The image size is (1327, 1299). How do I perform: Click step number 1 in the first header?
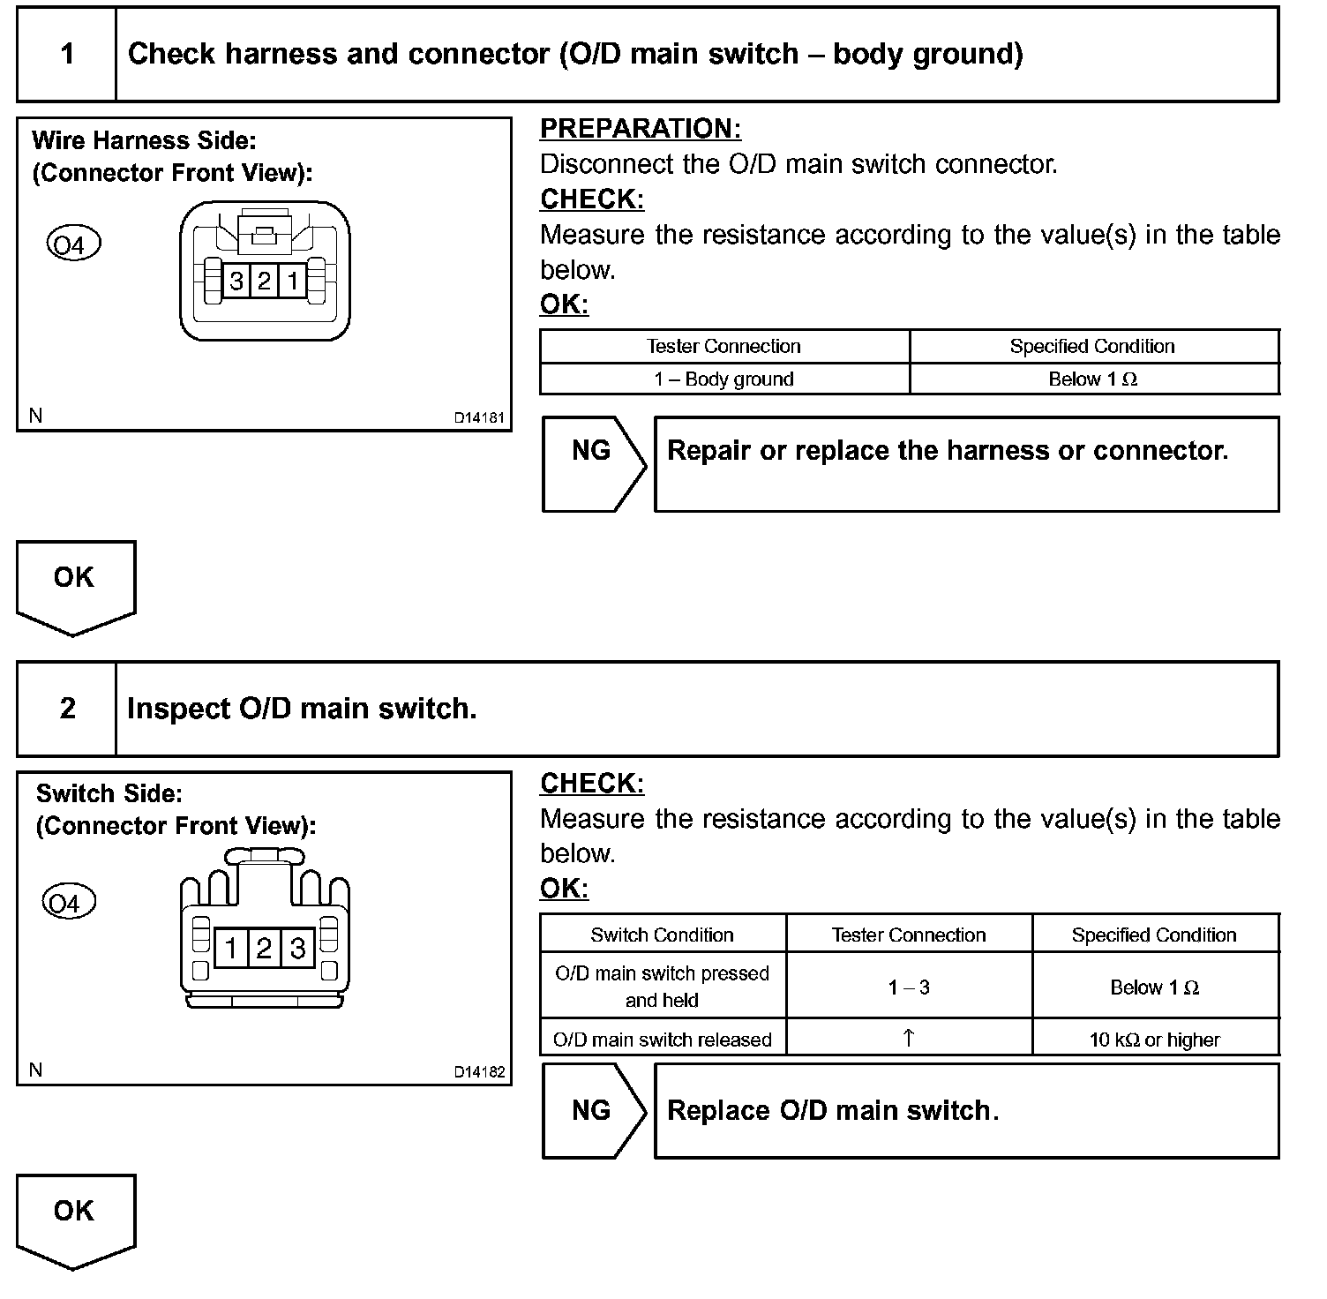(x=67, y=55)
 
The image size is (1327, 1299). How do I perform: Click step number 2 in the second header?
(x=67, y=709)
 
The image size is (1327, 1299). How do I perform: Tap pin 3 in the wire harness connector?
(x=236, y=282)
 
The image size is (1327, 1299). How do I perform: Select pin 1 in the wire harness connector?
(x=292, y=282)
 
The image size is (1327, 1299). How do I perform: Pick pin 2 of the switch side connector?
(x=264, y=949)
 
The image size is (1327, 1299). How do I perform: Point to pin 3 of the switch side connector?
(x=297, y=949)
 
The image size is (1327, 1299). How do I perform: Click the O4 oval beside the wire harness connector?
(x=73, y=244)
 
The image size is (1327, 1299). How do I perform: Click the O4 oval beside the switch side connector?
(x=68, y=903)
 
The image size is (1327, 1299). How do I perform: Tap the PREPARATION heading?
(x=640, y=129)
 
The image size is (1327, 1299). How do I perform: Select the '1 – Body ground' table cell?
(x=723, y=379)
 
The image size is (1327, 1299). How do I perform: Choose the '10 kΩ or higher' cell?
(x=1154, y=1040)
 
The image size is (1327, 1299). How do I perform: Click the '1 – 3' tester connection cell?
(x=909, y=987)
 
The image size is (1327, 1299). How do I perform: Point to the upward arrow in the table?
(x=909, y=1039)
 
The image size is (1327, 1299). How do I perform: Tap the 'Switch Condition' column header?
(x=662, y=935)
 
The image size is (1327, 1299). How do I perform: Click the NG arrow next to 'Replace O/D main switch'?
(x=592, y=1110)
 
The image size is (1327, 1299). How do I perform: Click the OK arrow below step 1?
(x=75, y=584)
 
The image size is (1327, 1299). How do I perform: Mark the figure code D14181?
(x=479, y=418)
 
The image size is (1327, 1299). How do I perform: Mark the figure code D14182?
(x=479, y=1072)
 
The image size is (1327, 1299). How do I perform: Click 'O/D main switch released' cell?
(x=662, y=1040)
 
